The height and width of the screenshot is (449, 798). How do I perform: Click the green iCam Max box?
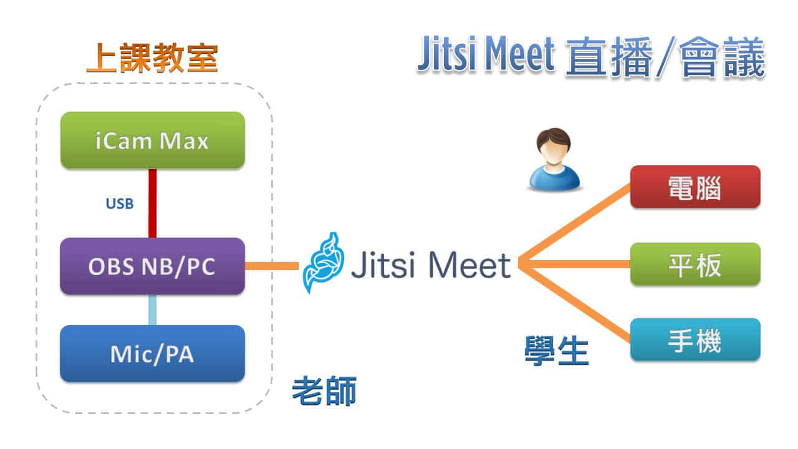(x=152, y=140)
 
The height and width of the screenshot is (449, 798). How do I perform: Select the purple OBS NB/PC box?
(x=152, y=266)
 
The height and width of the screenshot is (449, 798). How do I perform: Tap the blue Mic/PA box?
(x=152, y=354)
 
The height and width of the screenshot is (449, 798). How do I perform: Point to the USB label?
(x=120, y=203)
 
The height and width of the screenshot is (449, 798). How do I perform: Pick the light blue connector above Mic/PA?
(x=152, y=310)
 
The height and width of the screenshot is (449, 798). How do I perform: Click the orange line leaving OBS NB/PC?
(x=271, y=266)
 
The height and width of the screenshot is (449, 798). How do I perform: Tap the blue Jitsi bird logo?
(x=323, y=263)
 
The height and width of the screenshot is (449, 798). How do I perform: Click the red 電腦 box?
(x=695, y=187)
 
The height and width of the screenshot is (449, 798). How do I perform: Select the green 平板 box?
(x=695, y=264)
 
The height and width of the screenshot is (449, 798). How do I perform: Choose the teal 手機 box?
(x=695, y=340)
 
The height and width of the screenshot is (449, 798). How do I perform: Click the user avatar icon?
(x=554, y=159)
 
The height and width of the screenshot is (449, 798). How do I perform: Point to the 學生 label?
(x=556, y=352)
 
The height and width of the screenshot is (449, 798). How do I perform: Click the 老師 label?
(x=324, y=392)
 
